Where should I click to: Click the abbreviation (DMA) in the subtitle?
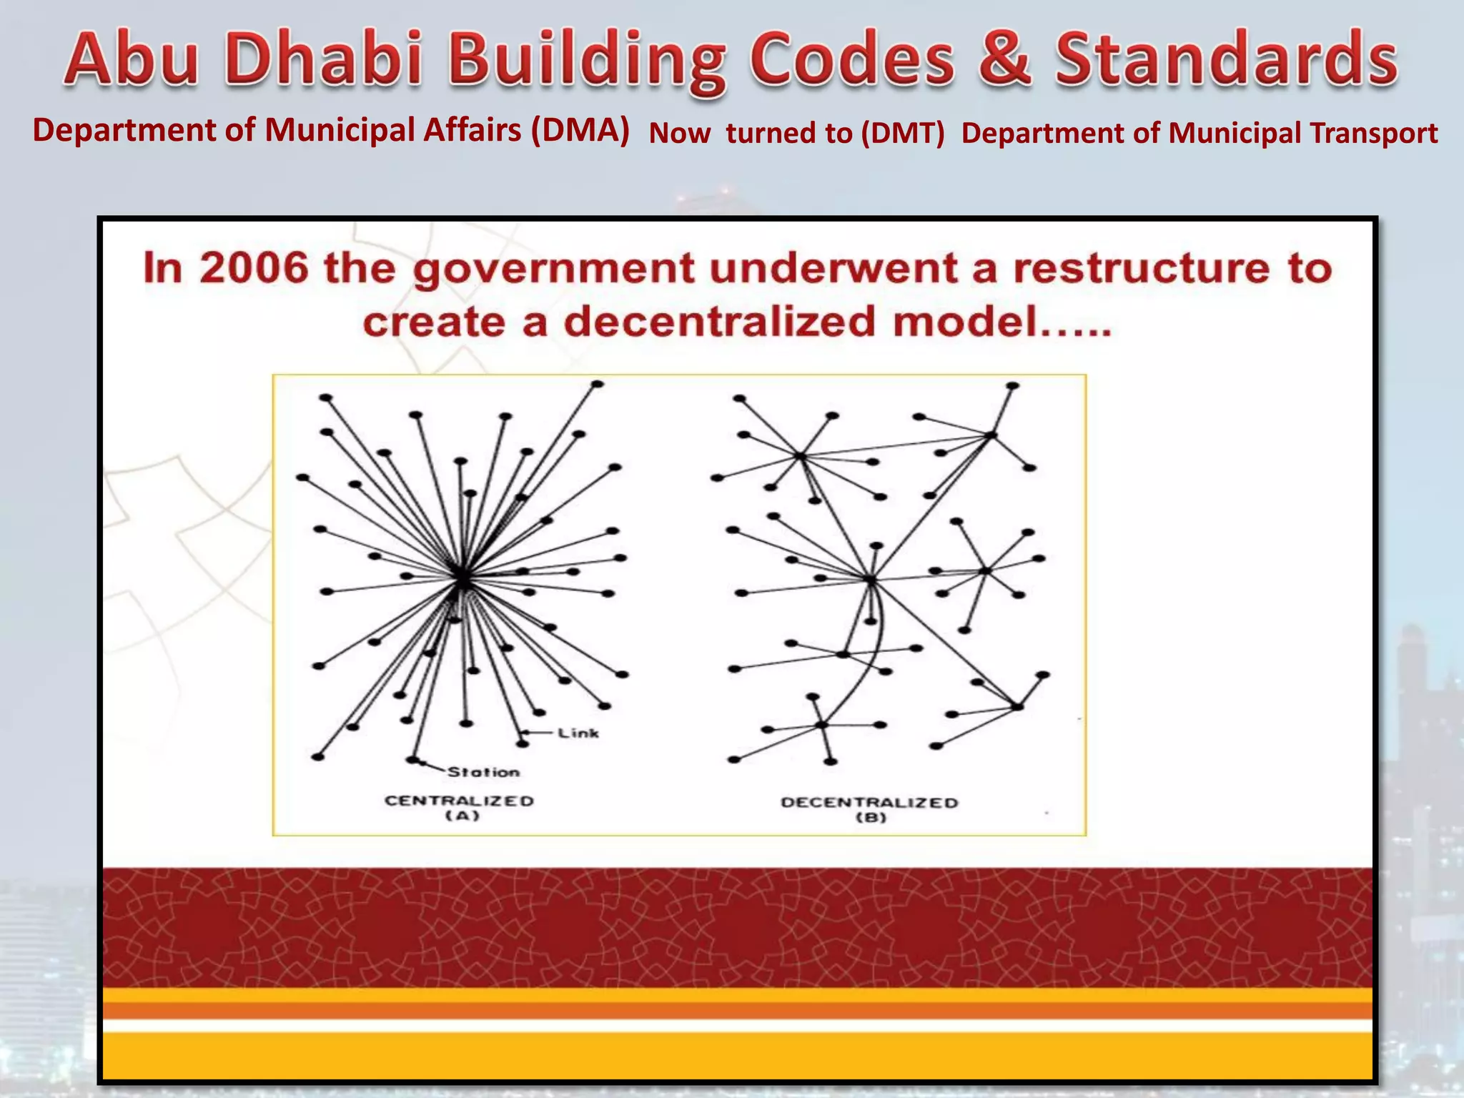click(580, 131)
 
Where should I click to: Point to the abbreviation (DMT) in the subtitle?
click(902, 134)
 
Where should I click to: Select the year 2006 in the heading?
click(254, 269)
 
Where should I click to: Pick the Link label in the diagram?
click(578, 733)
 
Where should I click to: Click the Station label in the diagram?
click(484, 773)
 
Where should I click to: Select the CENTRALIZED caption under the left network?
click(460, 801)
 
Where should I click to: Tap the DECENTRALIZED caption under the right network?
click(869, 803)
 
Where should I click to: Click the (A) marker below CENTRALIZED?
click(462, 816)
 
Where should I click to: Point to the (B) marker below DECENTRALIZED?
click(871, 818)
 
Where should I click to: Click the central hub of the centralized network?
click(463, 577)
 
